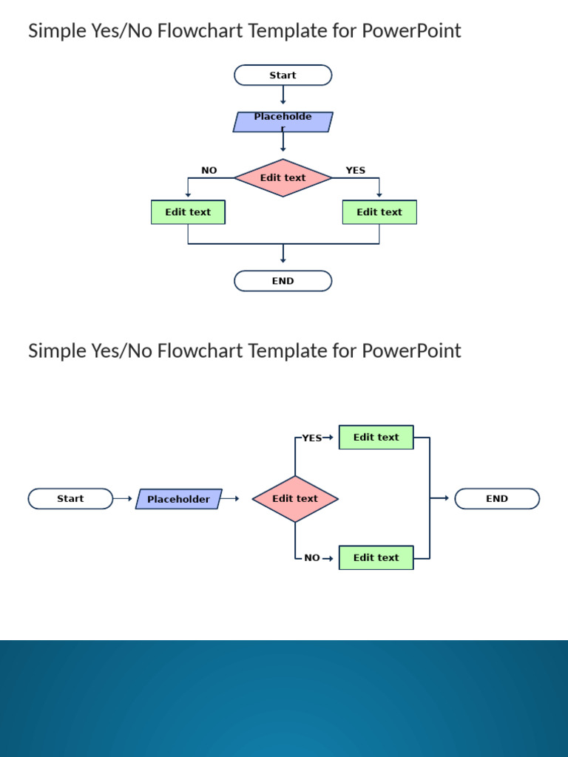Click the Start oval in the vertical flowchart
[x=283, y=75]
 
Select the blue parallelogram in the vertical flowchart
[x=283, y=122]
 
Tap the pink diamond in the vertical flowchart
[x=283, y=177]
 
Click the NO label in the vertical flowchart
[x=209, y=171]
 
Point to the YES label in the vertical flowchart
[x=355, y=171]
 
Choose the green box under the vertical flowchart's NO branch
[x=188, y=212]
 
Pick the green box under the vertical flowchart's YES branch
[x=379, y=212]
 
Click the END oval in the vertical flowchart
[x=283, y=281]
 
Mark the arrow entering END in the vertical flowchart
[x=283, y=254]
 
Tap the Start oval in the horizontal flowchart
[x=70, y=499]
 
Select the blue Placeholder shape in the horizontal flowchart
[x=178, y=499]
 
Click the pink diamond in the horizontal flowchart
[x=295, y=499]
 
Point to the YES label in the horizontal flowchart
[x=311, y=438]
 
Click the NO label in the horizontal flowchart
[x=312, y=558]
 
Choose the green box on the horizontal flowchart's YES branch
[x=376, y=438]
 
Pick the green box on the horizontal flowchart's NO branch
[x=376, y=558]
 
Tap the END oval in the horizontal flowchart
[x=497, y=499]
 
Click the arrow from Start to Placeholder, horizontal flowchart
[x=124, y=499]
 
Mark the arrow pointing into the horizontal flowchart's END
[x=441, y=498]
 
